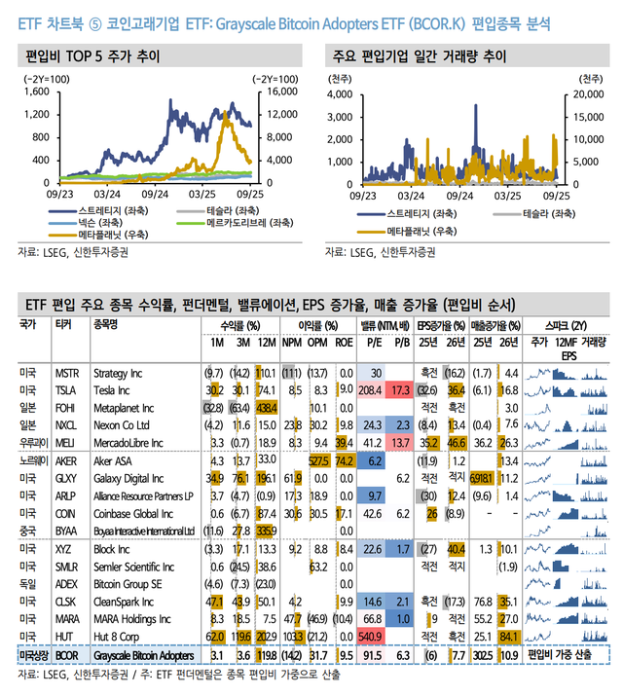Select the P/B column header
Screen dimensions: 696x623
[x=401, y=343]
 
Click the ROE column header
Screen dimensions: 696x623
[x=346, y=343]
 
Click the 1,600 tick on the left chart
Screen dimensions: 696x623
[x=35, y=92]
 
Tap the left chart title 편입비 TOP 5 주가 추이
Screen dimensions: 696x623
[x=93, y=56]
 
